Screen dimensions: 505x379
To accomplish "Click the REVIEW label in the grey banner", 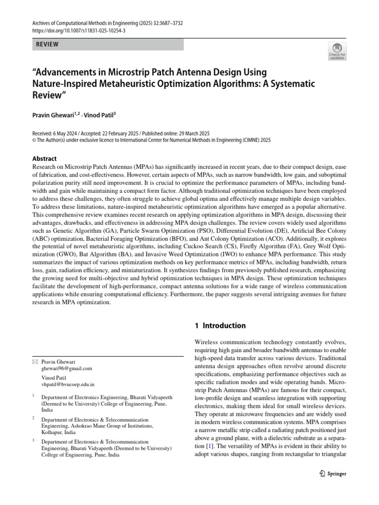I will tap(47, 44).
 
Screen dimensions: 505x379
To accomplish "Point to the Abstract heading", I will tap(44, 158).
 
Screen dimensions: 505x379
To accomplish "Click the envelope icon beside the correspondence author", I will tap(34, 361).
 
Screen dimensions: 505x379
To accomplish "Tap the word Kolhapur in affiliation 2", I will tap(52, 432).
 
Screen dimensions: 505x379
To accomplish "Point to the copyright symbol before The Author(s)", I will tap(34, 139).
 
